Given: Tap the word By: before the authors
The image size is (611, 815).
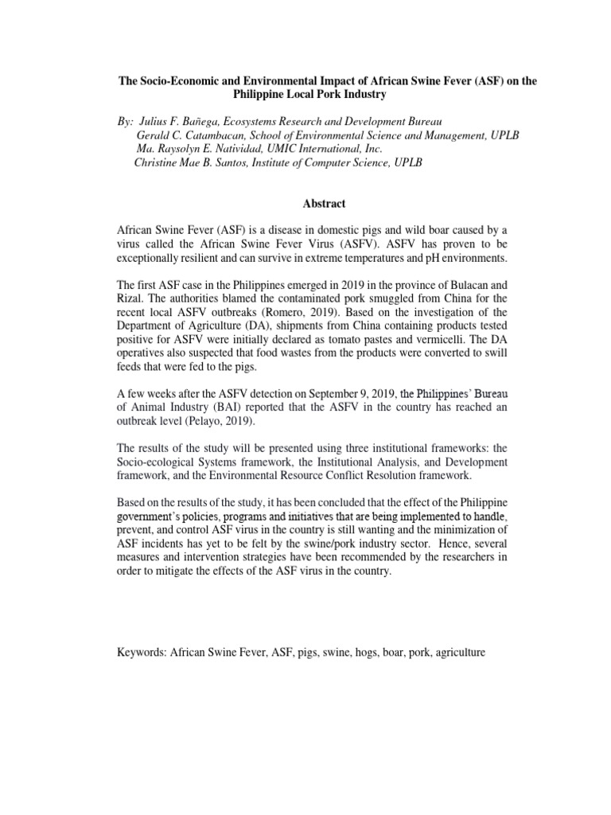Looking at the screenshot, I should coord(126,119).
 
